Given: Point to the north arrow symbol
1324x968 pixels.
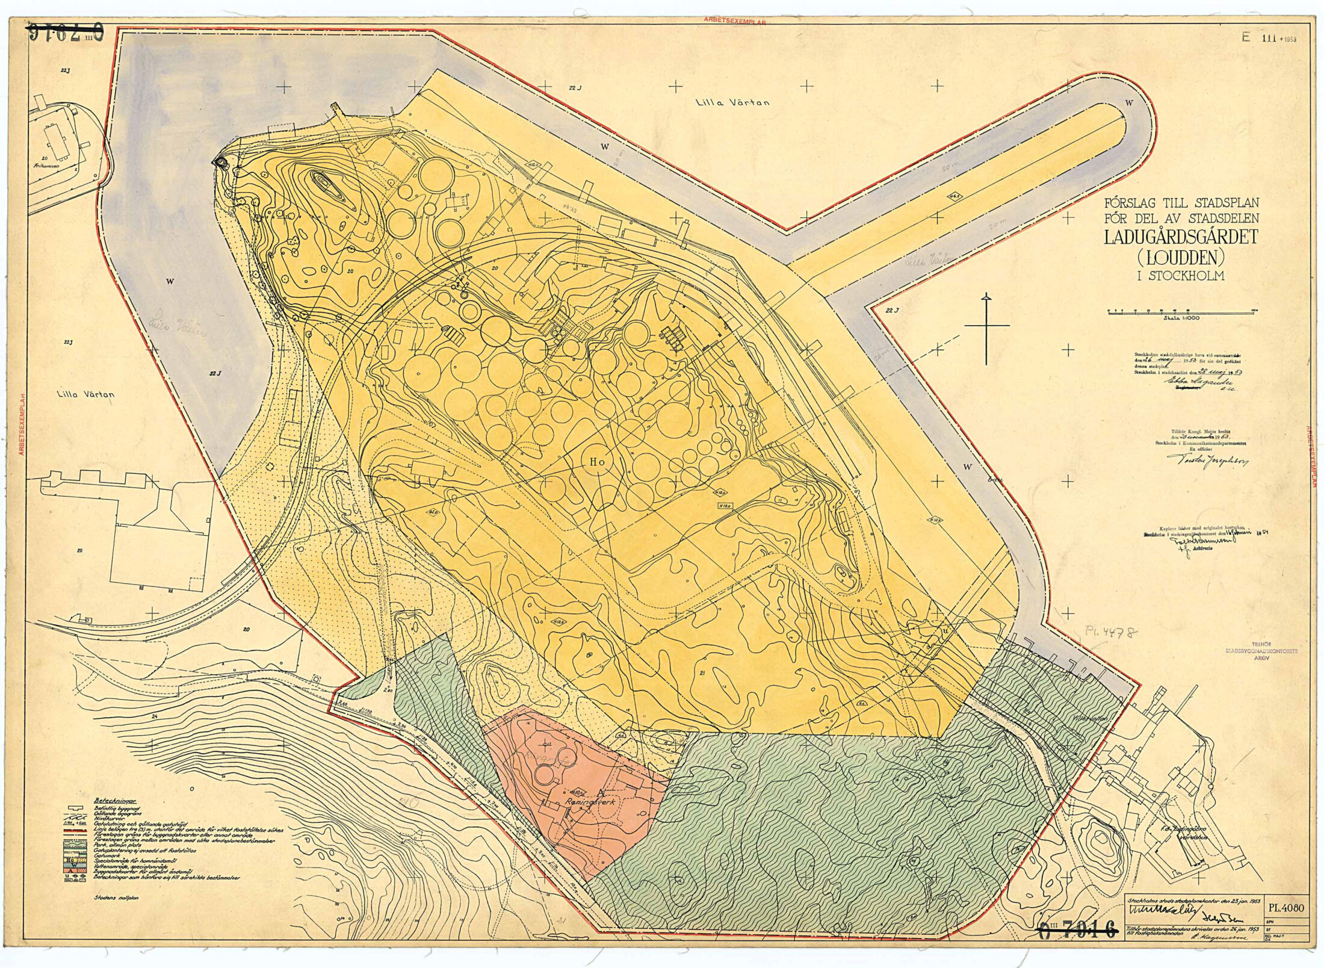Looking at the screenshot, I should (986, 328).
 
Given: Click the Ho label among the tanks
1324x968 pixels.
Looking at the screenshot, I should (597, 462).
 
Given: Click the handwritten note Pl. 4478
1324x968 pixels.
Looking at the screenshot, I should (1111, 633).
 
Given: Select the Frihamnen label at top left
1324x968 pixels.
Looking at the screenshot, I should (45, 165).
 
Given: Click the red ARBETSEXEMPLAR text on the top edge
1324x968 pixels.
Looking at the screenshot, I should (734, 21).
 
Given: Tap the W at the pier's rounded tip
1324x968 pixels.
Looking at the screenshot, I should (1129, 103).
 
